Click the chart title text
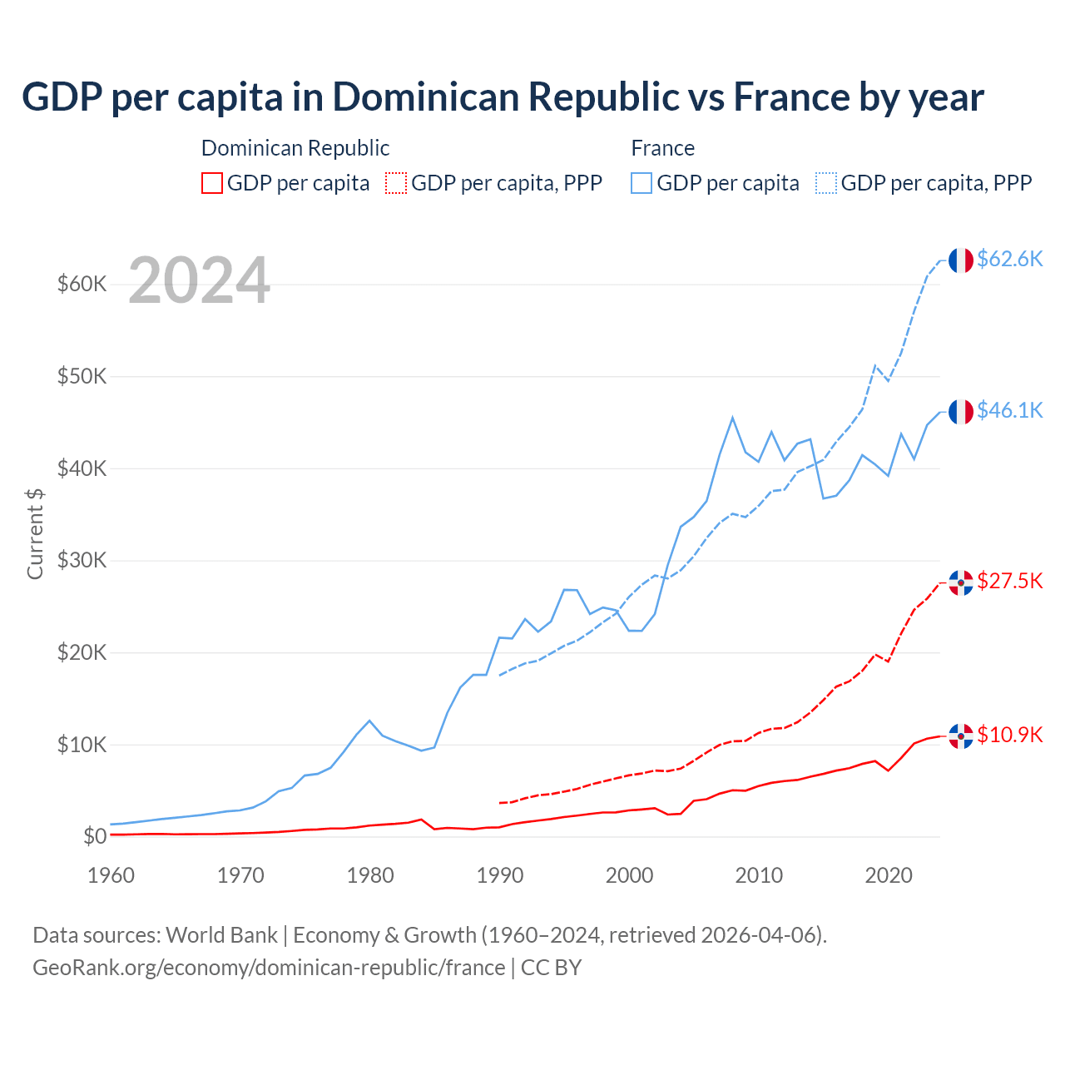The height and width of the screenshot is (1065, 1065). pyautogui.click(x=503, y=97)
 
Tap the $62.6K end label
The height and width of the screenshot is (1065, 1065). pyautogui.click(x=1009, y=259)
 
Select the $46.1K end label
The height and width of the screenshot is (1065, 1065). pyautogui.click(x=1009, y=410)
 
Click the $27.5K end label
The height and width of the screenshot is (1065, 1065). pyautogui.click(x=1009, y=581)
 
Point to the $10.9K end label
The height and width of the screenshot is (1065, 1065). pyautogui.click(x=1009, y=735)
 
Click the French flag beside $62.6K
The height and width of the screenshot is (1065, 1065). pyautogui.click(x=961, y=260)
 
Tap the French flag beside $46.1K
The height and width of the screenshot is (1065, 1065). pyautogui.click(x=961, y=412)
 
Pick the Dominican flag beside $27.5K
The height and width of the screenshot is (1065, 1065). pyautogui.click(x=961, y=583)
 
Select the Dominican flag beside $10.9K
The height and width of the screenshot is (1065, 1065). pyautogui.click(x=961, y=736)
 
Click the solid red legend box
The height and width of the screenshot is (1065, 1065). pyautogui.click(x=212, y=183)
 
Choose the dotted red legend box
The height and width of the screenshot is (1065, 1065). pyautogui.click(x=396, y=183)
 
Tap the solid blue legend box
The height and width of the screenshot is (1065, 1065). pyautogui.click(x=641, y=183)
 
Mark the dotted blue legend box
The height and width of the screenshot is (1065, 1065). pyautogui.click(x=826, y=183)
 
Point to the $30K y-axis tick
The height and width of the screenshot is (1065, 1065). pyautogui.click(x=82, y=561)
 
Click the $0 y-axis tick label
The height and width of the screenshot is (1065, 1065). pyautogui.click(x=94, y=836)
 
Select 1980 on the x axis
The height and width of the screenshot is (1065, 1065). pyautogui.click(x=370, y=875)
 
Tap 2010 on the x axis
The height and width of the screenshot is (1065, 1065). pyautogui.click(x=759, y=875)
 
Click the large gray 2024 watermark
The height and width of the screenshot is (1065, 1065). pyautogui.click(x=199, y=281)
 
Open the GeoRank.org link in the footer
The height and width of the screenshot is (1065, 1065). pyautogui.click(x=269, y=968)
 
